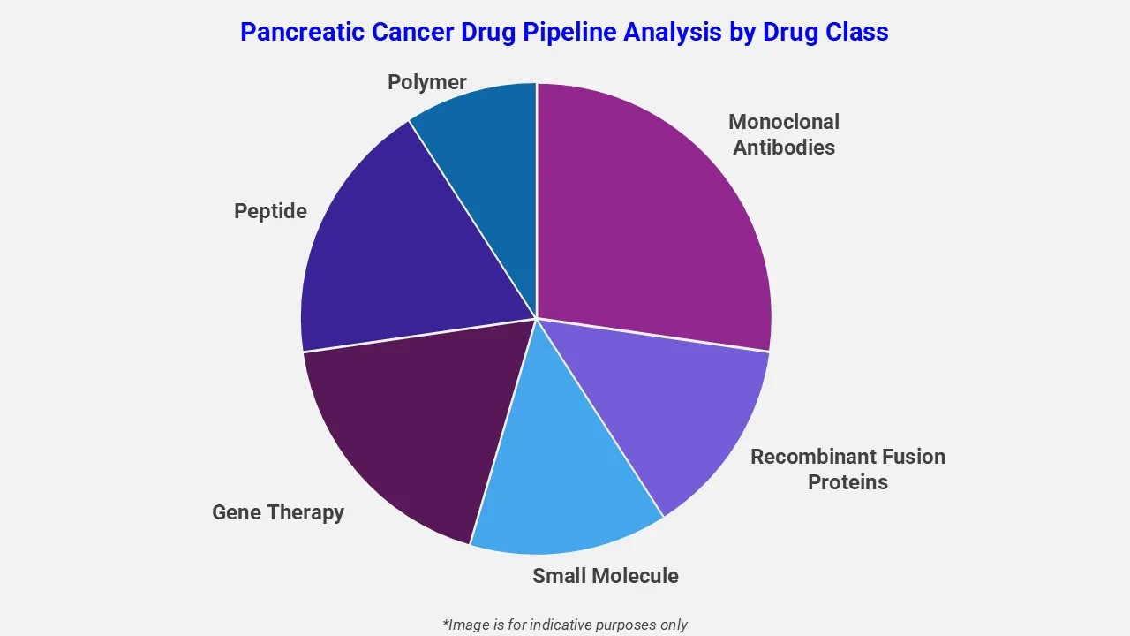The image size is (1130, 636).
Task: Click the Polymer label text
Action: (427, 82)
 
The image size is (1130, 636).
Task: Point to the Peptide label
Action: (270, 211)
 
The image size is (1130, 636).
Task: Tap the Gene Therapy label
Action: (278, 512)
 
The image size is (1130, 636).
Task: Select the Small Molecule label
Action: (606, 576)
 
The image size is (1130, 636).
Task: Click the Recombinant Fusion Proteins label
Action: (847, 469)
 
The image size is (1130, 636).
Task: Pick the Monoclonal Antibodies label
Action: (784, 134)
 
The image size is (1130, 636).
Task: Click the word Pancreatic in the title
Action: (300, 33)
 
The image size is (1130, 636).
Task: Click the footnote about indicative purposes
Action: (565, 625)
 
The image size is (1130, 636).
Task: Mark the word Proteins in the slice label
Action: (847, 482)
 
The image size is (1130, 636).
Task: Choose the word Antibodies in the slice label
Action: (784, 148)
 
